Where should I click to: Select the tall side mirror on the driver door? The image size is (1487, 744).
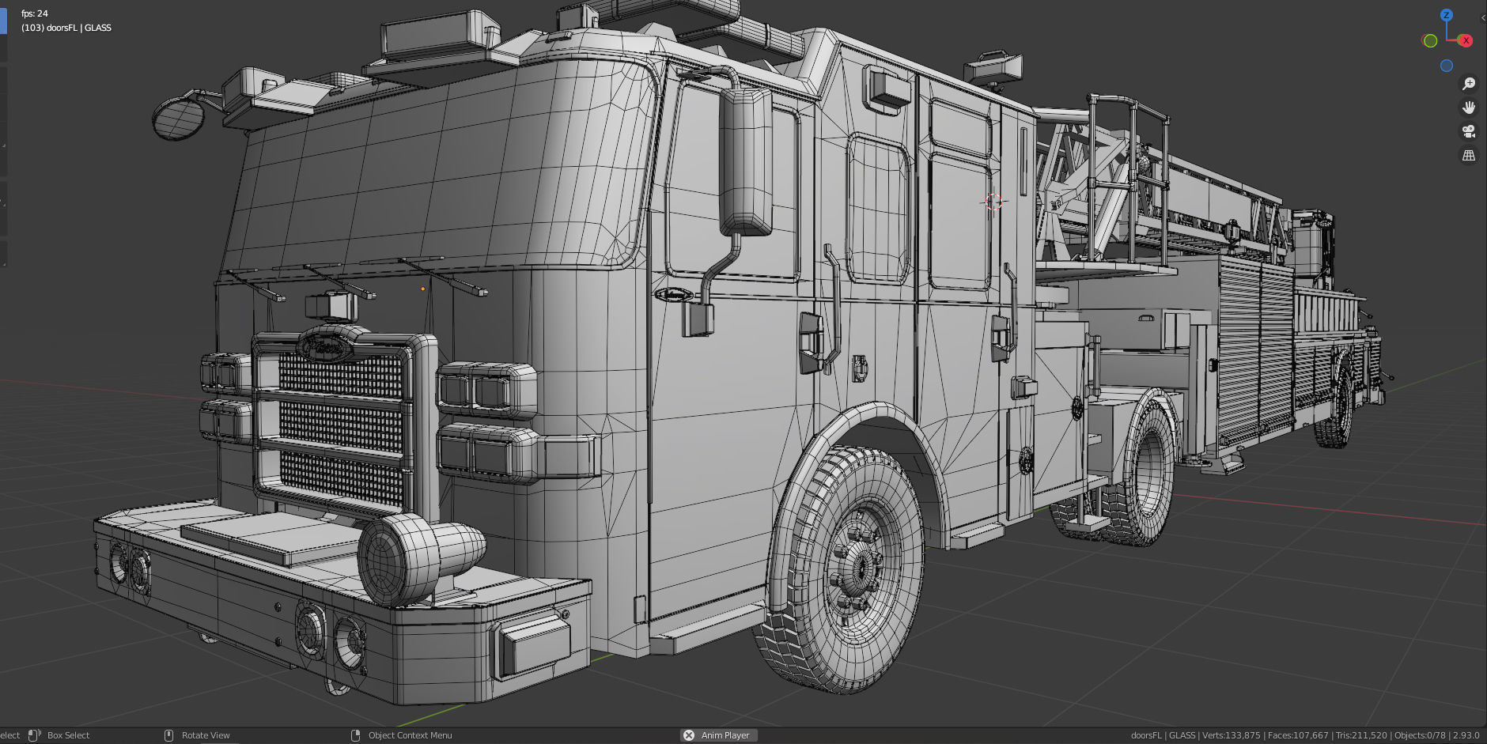(745, 162)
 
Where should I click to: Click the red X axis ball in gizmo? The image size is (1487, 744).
(1466, 40)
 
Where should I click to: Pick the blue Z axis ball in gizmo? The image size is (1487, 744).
(1447, 15)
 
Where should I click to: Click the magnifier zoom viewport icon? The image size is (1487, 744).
(1469, 84)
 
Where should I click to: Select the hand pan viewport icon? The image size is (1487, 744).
(1469, 108)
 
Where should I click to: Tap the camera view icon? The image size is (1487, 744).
(1469, 131)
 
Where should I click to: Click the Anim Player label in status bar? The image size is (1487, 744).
(725, 735)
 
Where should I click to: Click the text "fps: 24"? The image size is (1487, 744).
(35, 13)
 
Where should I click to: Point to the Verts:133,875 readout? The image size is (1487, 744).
(1231, 735)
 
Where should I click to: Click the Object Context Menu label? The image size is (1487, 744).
(410, 735)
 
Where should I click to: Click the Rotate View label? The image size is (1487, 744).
(206, 735)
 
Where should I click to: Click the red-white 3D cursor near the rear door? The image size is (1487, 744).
(994, 202)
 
